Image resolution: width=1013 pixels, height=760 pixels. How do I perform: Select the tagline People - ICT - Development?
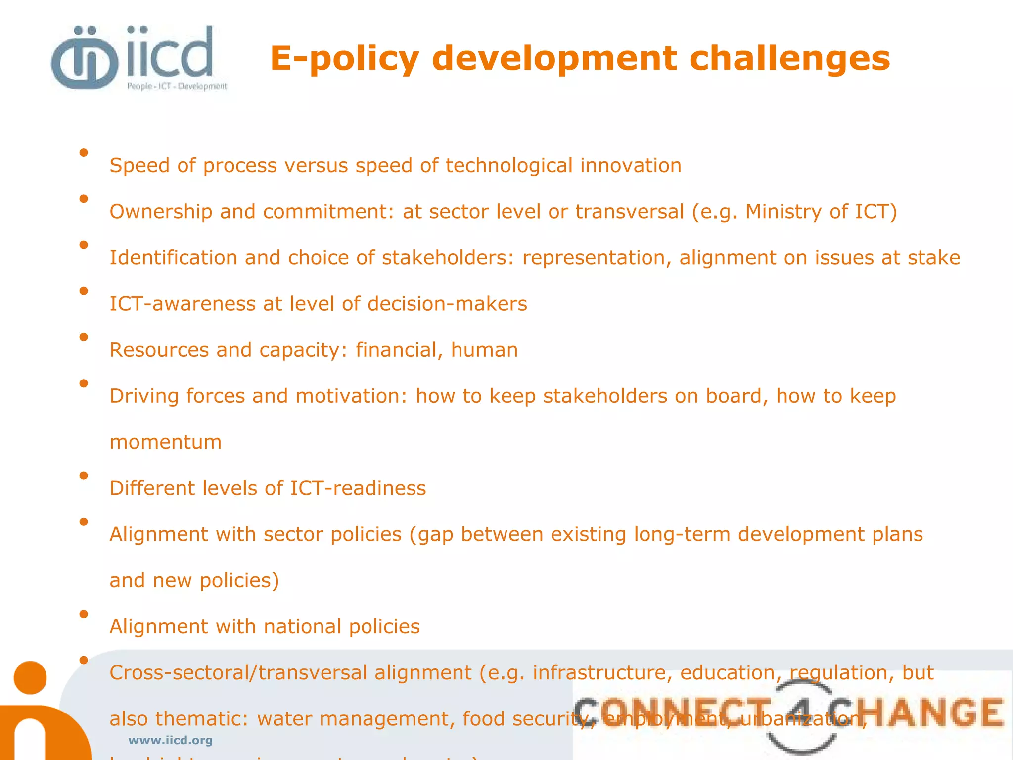[177, 86]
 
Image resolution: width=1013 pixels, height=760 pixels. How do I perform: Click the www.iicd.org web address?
[170, 740]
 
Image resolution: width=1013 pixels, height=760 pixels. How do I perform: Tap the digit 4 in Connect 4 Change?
[801, 712]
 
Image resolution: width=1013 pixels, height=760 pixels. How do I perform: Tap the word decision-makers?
[447, 304]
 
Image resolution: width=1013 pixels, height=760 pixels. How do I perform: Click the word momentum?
[165, 442]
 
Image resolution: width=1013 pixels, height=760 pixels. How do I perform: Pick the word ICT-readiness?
[358, 488]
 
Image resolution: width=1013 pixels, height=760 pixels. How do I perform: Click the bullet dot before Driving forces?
[84, 383]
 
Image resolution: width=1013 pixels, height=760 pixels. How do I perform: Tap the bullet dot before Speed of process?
[84, 153]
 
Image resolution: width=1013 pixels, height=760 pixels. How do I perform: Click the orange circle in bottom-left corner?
[30, 677]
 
